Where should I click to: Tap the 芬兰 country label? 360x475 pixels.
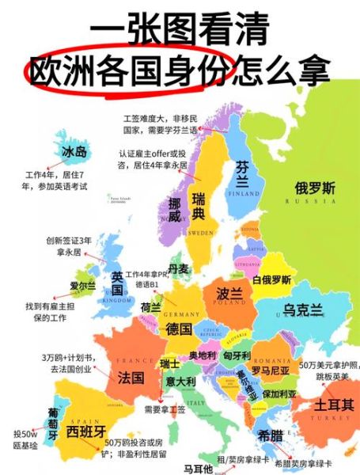pos(242,173)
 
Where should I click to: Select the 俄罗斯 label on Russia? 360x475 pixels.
pos(315,188)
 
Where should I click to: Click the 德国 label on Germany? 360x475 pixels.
pos(179,329)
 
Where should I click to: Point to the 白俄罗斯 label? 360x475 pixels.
pos(271,279)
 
